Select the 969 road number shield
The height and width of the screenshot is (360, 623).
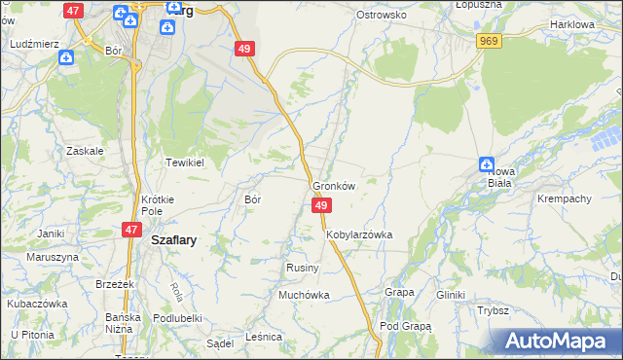pos(489,40)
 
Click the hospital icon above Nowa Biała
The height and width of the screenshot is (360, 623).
pos(487,164)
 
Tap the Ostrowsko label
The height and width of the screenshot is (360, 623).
pos(381,16)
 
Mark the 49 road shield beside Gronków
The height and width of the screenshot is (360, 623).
pos(322,205)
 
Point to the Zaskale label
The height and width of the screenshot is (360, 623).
pos(85,151)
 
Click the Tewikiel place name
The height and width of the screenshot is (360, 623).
pos(183,162)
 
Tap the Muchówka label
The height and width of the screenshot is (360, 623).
pos(304,295)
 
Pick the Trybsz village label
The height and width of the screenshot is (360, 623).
pos(494,311)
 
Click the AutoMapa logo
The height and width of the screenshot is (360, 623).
pos(555,341)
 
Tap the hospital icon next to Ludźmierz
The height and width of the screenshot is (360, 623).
pos(65,57)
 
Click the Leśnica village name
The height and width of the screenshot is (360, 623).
pos(264,337)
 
